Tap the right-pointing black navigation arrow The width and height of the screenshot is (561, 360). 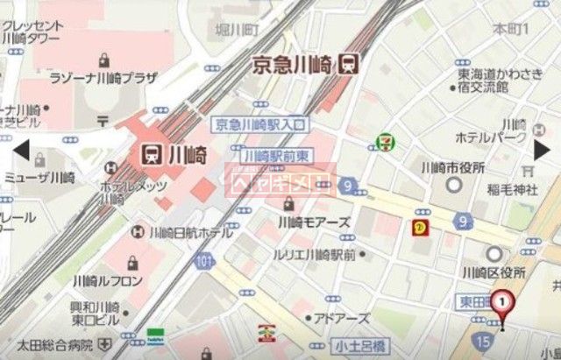coord(543,150)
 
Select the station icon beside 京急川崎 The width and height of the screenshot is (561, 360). coord(349,64)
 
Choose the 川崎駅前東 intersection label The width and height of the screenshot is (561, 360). coord(277,156)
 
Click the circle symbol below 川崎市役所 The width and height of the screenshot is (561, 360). coord(453,184)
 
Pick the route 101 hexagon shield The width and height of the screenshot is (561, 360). coord(203,261)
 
